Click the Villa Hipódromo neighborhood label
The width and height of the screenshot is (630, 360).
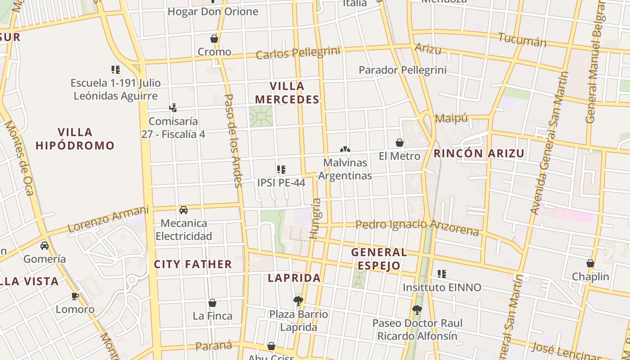coord(75,139)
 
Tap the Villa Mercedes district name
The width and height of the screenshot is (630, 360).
coord(287,93)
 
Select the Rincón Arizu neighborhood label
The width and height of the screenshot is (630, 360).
coord(479,153)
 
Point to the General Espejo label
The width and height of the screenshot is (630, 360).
coord(379,259)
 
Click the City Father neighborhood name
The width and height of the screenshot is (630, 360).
coord(193,264)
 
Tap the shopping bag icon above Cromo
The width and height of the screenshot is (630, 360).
coord(214,39)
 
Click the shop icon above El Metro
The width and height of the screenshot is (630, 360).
coord(399,143)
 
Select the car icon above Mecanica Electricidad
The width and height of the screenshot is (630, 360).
coord(184,210)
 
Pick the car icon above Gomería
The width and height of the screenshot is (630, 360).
coord(45,246)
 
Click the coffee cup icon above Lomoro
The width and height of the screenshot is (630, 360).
coord(75,296)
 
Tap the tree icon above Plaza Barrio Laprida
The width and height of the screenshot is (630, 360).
coord(298,301)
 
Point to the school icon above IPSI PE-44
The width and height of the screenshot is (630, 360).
coord(281,170)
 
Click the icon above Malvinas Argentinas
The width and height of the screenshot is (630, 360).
coord(345,149)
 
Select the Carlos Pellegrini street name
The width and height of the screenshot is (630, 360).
coord(298,53)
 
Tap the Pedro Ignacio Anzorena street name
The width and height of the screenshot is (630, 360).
coord(417,227)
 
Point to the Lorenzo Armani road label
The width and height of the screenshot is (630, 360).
coord(108,219)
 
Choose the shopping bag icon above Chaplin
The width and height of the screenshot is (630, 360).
coord(590,263)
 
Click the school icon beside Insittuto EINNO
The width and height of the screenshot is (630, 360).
coord(442,274)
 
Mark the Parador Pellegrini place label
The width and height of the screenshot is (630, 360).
coord(402,70)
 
